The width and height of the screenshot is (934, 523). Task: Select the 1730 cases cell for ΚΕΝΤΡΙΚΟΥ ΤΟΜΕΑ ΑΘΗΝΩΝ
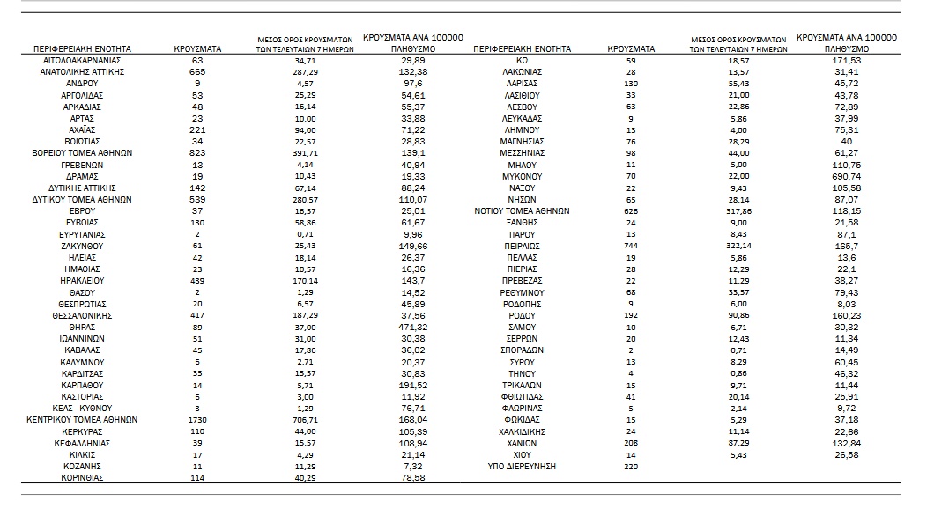tap(197, 420)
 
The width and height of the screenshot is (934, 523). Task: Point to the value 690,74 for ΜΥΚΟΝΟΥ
tap(845, 176)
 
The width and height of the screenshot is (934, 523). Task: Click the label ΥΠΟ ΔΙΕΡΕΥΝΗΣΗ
tap(523, 466)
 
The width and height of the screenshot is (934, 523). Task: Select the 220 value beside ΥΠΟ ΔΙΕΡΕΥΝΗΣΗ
tap(630, 466)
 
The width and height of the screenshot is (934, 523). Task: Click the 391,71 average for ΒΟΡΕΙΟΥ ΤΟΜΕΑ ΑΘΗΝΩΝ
tap(304, 152)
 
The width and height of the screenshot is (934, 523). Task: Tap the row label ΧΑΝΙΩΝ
tap(523, 443)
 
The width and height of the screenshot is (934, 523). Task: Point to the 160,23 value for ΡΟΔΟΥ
tap(845, 315)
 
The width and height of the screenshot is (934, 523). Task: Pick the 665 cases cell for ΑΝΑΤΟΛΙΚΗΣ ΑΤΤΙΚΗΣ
tap(197, 71)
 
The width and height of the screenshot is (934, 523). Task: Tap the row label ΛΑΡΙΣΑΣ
tap(523, 83)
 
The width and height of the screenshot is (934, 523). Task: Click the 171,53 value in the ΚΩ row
tap(845, 60)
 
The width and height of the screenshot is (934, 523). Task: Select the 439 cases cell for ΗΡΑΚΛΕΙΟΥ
tap(197, 280)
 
